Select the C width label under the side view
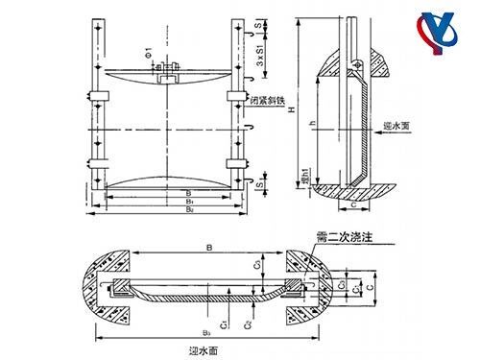click(354, 204)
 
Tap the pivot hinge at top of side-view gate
click(357, 64)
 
